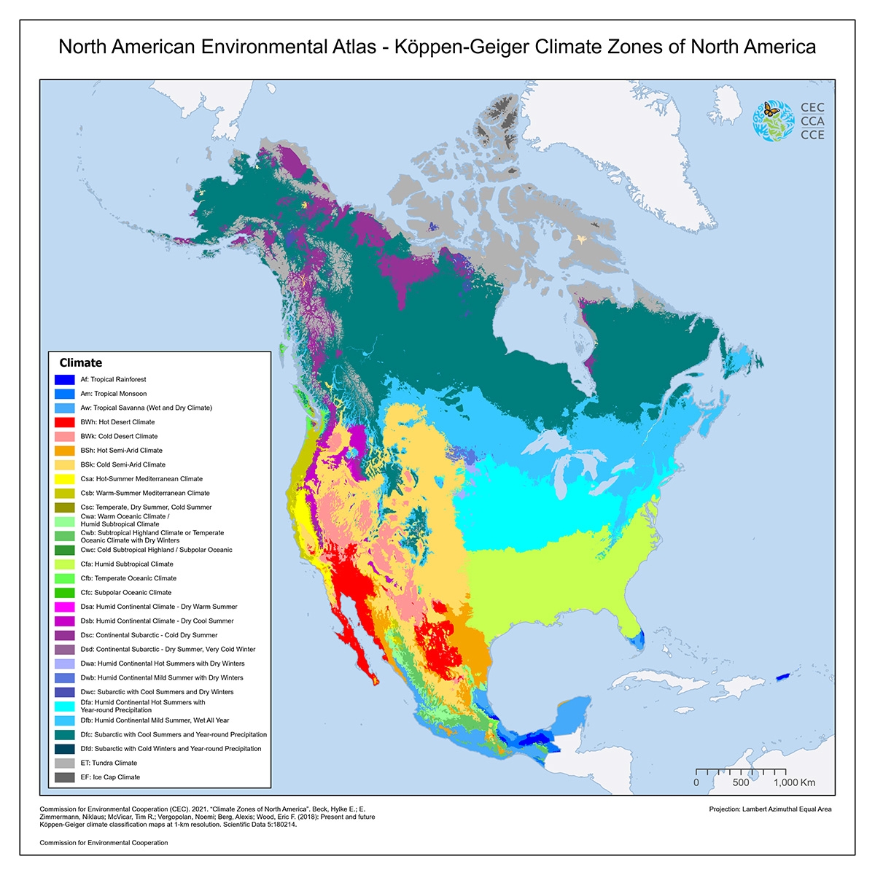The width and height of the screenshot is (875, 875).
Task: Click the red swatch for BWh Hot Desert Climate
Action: (64, 422)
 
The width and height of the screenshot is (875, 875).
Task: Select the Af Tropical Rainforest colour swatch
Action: (64, 380)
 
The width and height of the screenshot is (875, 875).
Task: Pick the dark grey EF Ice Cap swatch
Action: (64, 777)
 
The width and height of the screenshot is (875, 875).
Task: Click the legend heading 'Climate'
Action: (80, 362)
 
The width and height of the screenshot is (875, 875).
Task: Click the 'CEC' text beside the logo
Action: (812, 108)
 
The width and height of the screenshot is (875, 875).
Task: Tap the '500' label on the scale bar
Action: (741, 782)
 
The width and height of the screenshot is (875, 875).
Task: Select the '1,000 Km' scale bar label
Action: (794, 782)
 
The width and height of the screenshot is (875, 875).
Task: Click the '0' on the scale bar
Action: (696, 782)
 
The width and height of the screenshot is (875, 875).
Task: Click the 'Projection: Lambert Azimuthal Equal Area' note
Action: (770, 809)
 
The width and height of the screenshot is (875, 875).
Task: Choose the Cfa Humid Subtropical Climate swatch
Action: (64, 564)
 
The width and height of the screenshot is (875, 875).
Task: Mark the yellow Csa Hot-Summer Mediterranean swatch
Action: (64, 479)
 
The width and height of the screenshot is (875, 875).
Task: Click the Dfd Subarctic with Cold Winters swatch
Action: (64, 749)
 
